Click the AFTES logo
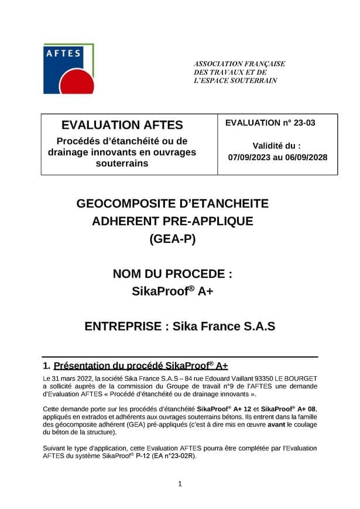[69, 69]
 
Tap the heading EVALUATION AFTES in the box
[122, 125]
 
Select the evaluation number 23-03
[302, 123]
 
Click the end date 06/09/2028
[306, 157]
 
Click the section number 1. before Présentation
[47, 367]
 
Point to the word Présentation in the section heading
[87, 367]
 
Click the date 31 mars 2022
[75, 379]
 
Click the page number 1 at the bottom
[180, 483]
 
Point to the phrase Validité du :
[276, 145]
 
